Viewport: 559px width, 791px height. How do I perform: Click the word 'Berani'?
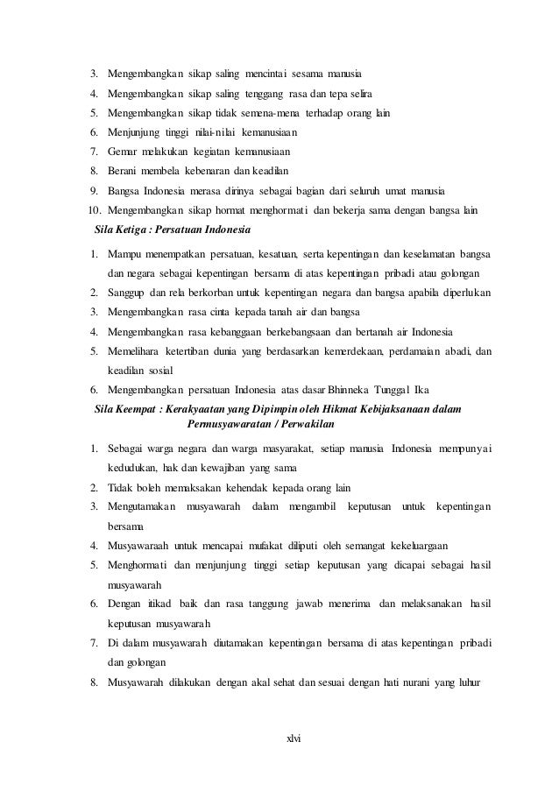click(x=124, y=171)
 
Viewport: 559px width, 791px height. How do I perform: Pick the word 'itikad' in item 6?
click(x=156, y=604)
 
